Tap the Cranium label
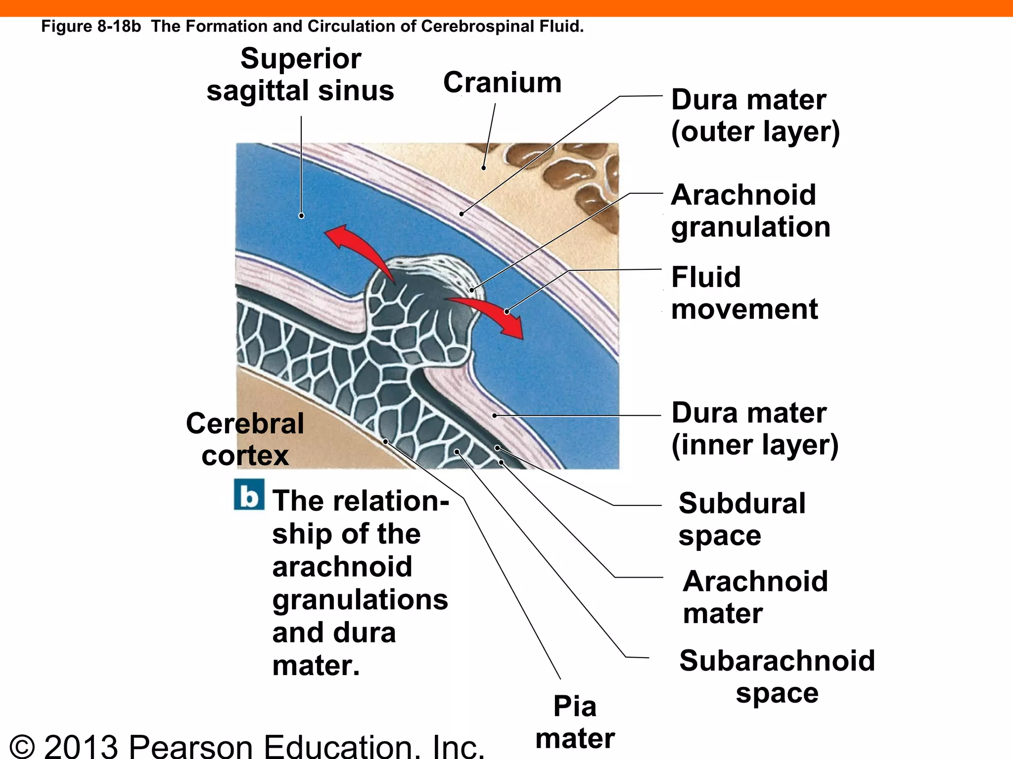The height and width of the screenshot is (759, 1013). pos(502,83)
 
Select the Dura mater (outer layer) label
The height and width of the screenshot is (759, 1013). pos(755,116)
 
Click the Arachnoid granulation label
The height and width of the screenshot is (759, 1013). pos(750,211)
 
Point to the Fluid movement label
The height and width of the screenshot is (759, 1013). pos(744,293)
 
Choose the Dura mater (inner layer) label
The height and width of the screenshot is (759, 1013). pos(754,429)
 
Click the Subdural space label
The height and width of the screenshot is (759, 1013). pos(741,519)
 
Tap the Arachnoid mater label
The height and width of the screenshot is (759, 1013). pos(755,597)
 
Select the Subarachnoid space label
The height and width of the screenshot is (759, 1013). pos(777,676)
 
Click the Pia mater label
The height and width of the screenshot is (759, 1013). pos(575,722)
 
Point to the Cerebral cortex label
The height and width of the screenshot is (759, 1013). pos(245,439)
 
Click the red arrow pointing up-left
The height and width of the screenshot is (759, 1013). pos(354,248)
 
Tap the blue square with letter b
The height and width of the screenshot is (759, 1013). pos(249,495)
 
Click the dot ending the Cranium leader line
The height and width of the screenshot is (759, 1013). pos(483,168)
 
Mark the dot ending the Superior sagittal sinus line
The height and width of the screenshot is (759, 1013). pos(301,216)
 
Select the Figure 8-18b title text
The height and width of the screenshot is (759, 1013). pos(312,26)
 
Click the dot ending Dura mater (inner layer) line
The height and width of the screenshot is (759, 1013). pos(495,416)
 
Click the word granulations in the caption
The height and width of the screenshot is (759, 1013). pos(360,600)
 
